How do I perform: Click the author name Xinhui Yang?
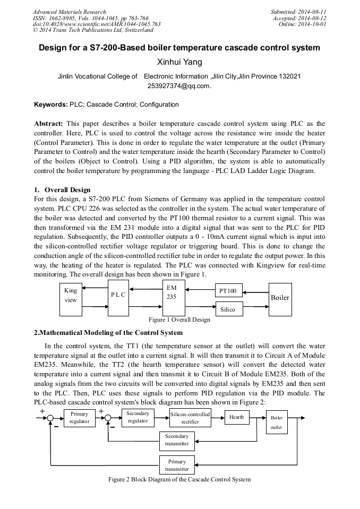[x=179, y=63]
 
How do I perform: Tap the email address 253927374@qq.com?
[x=179, y=86]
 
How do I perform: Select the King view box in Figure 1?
[x=71, y=296]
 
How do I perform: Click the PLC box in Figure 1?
[x=118, y=295]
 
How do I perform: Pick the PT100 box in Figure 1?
[x=228, y=291]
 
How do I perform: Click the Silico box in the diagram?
[x=228, y=309]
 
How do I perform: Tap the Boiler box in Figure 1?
[x=280, y=298]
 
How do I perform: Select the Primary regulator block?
[x=79, y=418]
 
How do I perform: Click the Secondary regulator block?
[x=138, y=417]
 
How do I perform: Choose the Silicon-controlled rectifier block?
[x=190, y=418]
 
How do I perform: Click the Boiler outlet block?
[x=277, y=422]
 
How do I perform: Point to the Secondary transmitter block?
[x=177, y=440]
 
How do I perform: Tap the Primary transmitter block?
[x=177, y=465]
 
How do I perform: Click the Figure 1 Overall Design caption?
[x=179, y=320]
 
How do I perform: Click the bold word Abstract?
[x=49, y=123]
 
